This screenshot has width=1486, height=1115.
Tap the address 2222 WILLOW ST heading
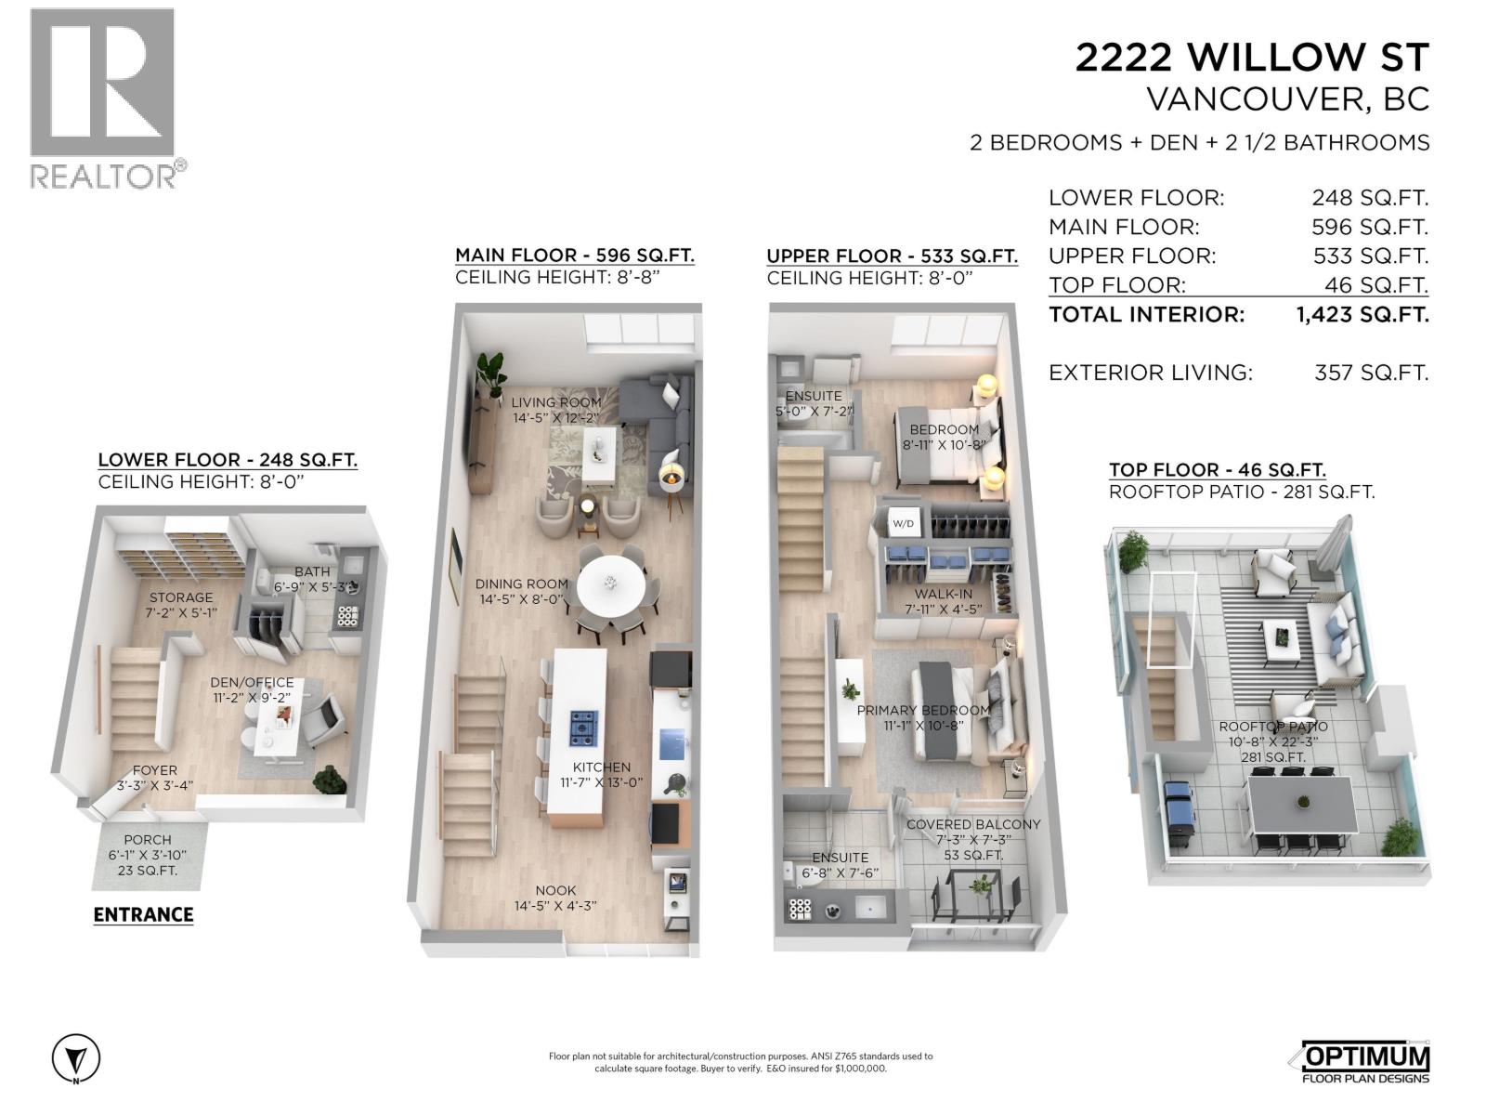click(1251, 58)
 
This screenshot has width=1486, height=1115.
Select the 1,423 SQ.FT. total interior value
click(1362, 314)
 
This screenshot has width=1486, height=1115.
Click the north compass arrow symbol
click(76, 1057)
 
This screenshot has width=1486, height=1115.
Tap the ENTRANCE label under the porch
click(143, 914)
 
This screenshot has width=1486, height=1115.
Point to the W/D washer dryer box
click(903, 524)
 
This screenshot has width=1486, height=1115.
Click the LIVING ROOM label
click(555, 402)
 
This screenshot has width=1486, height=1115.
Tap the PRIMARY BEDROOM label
click(922, 710)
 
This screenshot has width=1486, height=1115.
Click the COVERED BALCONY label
click(972, 824)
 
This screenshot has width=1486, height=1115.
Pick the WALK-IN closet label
click(943, 595)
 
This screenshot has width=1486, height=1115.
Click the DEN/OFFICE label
click(252, 682)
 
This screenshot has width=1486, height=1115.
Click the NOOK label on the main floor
click(555, 890)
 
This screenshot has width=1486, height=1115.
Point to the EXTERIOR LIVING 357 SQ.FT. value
click(1371, 373)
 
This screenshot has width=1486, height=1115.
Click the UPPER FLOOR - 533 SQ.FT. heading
click(892, 256)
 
